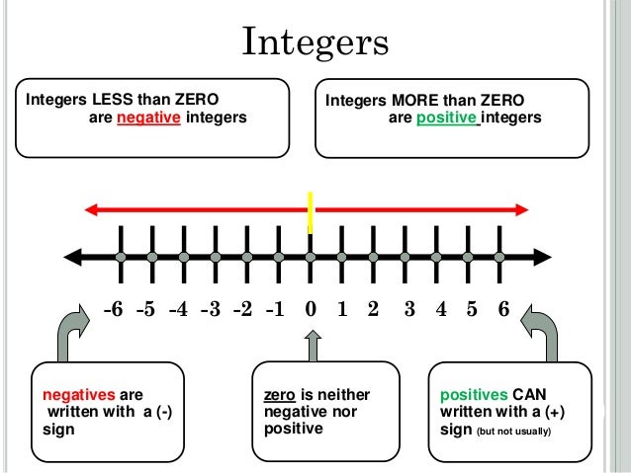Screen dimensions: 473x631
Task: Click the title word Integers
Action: coord(315,44)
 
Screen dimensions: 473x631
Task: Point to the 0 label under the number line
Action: coord(311,309)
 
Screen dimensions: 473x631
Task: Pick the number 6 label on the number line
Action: coord(502,309)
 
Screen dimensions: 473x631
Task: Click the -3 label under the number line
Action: coord(210,309)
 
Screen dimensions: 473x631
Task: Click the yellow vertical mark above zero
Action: coord(311,210)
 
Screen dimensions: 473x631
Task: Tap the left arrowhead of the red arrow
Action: coord(91,209)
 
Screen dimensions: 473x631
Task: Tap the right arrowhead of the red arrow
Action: coord(522,209)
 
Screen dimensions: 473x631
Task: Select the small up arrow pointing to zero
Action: coord(314,345)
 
